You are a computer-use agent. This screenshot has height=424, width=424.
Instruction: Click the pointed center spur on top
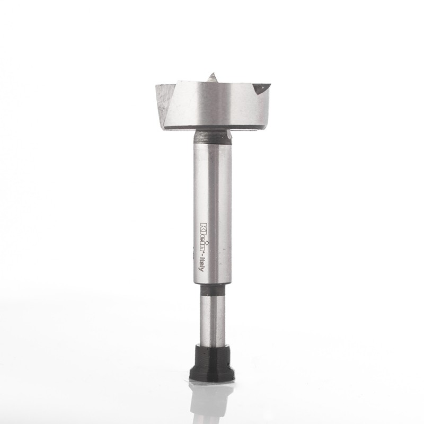(x=213, y=77)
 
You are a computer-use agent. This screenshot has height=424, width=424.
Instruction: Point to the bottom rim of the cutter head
(x=212, y=127)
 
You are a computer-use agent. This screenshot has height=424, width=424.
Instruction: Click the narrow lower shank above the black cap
(x=211, y=318)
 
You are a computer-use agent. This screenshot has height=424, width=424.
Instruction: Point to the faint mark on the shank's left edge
(x=193, y=250)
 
